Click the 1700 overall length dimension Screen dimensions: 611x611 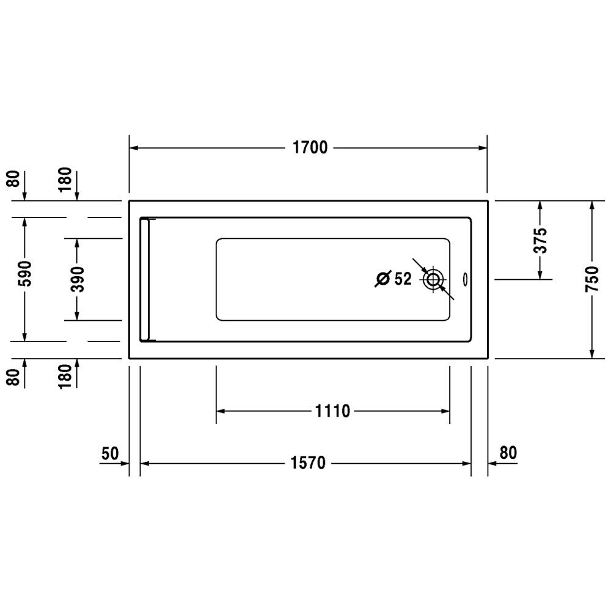(310, 148)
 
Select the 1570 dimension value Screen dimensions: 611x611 (308, 463)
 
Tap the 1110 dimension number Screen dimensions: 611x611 (332, 411)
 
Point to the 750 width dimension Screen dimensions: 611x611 (591, 279)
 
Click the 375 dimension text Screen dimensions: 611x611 (540, 240)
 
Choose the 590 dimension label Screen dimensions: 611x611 (25, 274)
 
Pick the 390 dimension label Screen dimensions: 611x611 (77, 279)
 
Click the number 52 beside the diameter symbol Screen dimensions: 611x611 (403, 279)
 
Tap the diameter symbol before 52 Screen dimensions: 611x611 (383, 279)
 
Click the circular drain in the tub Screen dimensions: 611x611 (433, 279)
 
